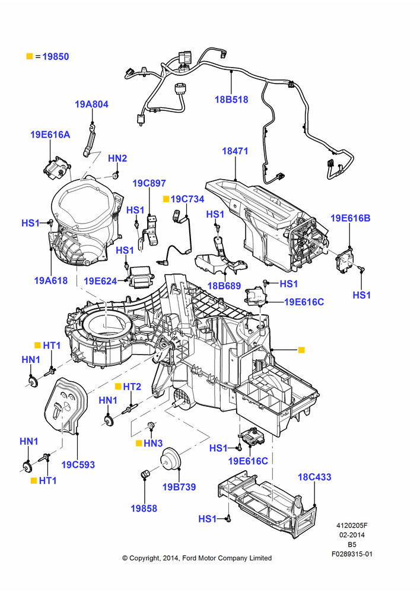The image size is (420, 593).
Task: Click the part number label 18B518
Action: click(231, 100)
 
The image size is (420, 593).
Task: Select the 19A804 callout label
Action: click(91, 104)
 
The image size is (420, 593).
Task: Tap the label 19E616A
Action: click(50, 135)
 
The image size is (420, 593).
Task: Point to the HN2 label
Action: click(117, 158)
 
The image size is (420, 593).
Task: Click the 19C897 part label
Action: click(149, 183)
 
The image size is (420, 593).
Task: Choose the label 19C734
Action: click(187, 199)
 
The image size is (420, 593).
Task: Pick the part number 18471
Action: click(235, 151)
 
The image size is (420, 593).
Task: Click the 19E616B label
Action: click(351, 218)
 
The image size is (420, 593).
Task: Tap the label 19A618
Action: click(50, 280)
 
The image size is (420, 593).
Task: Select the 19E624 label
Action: click(100, 281)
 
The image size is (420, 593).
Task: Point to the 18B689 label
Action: click(224, 286)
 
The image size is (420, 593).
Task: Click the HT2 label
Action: click(132, 387)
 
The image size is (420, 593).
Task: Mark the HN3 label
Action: click(153, 443)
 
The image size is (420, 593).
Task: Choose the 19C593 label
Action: click(78, 465)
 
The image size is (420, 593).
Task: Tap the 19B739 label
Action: click(179, 487)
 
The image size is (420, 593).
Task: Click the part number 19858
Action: click(144, 509)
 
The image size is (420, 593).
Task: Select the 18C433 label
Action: click(314, 477)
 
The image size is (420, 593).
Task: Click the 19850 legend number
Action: click(56, 57)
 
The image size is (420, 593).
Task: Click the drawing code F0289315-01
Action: click(352, 554)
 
